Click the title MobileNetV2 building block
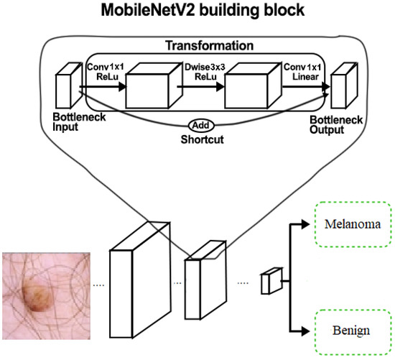[x=197, y=11]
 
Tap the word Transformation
[x=205, y=45]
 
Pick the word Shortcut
[x=203, y=138]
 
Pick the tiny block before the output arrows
[x=270, y=281]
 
